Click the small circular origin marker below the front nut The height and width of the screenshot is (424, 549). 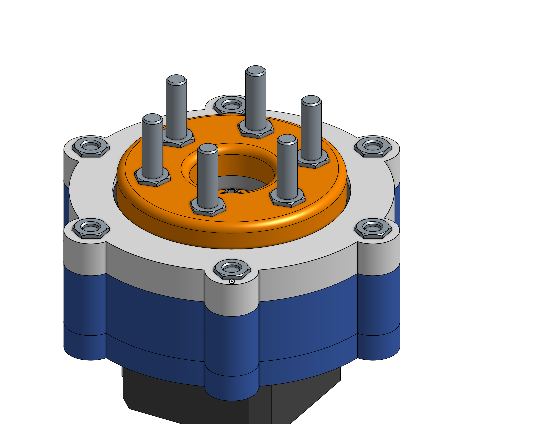[232, 282]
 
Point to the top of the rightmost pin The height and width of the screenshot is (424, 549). [311, 100]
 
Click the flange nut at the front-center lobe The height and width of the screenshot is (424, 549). [232, 269]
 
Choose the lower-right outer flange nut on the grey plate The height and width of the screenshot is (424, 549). [373, 228]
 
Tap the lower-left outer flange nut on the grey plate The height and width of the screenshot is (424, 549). [91, 228]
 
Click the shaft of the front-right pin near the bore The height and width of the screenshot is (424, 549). [287, 171]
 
